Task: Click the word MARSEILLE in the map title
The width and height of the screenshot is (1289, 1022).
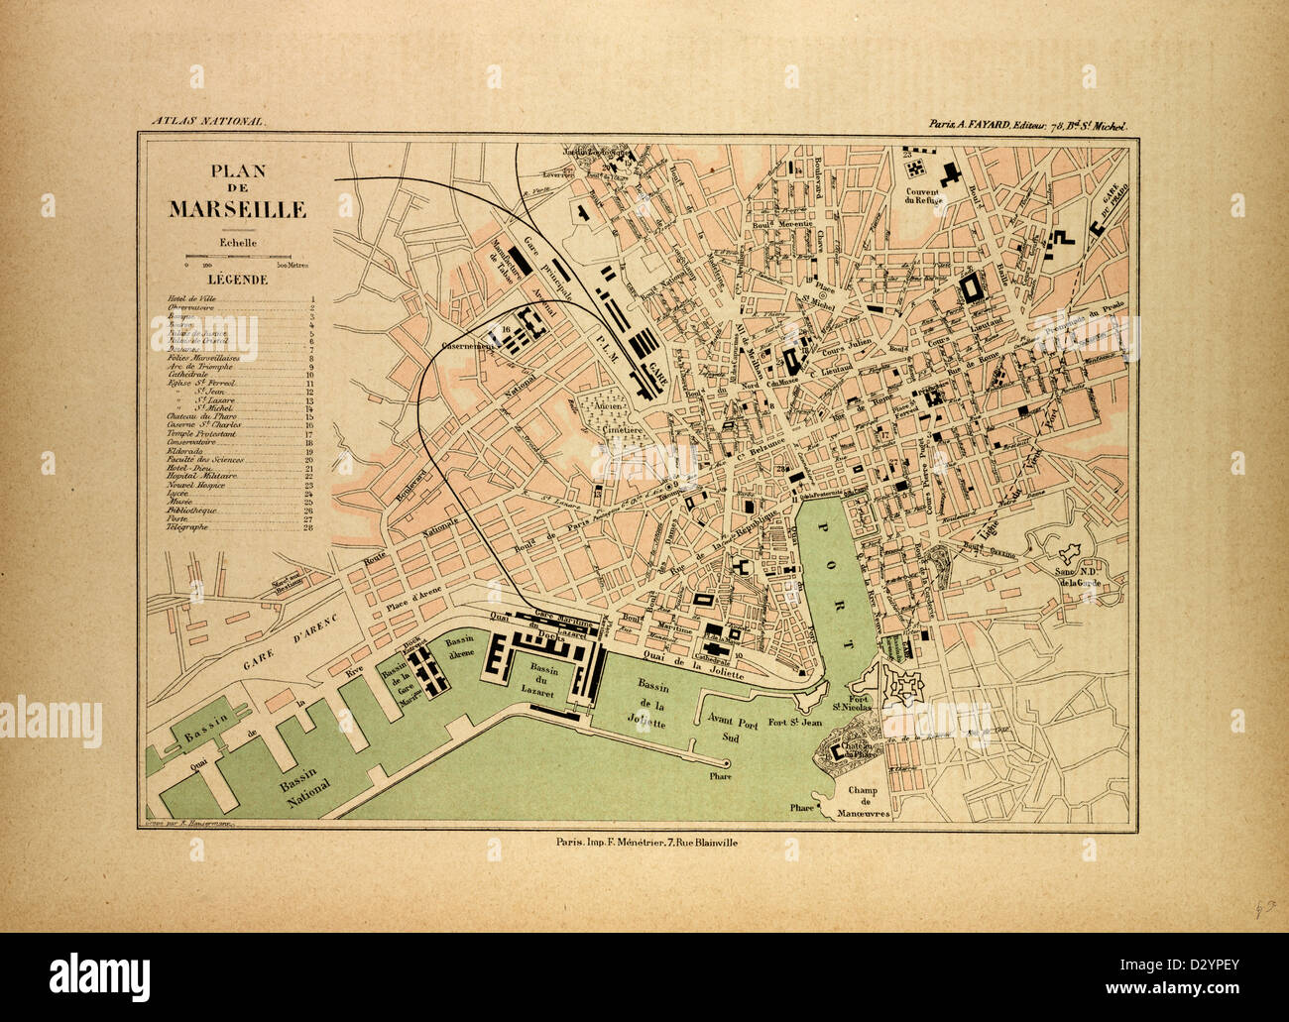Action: point(237,210)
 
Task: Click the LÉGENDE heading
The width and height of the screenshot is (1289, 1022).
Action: point(237,280)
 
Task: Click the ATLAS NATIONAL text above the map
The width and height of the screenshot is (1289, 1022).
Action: point(208,121)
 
